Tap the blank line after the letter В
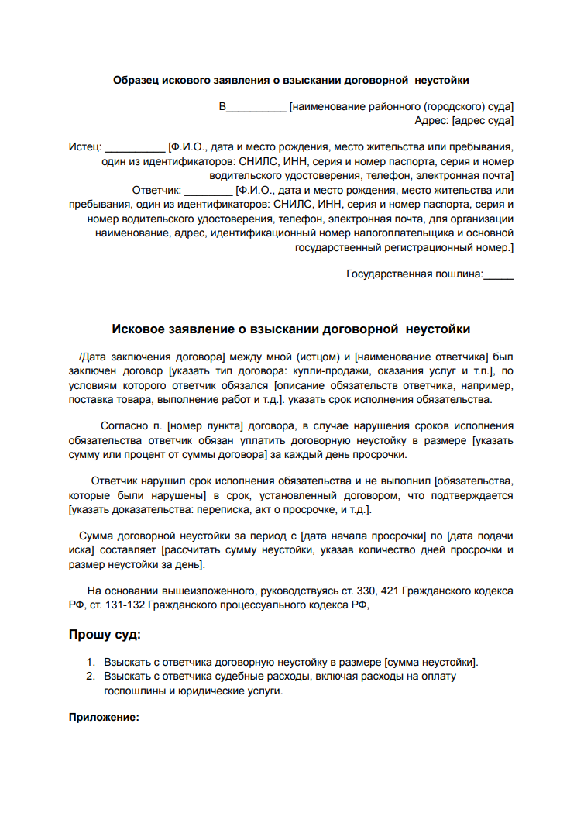(x=256, y=107)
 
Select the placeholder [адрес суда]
(x=483, y=121)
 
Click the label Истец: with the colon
(x=85, y=146)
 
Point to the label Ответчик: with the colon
(x=156, y=190)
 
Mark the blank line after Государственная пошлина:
(x=498, y=274)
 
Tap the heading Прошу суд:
(x=105, y=636)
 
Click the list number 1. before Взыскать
(x=90, y=663)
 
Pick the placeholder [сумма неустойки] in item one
(x=431, y=663)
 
